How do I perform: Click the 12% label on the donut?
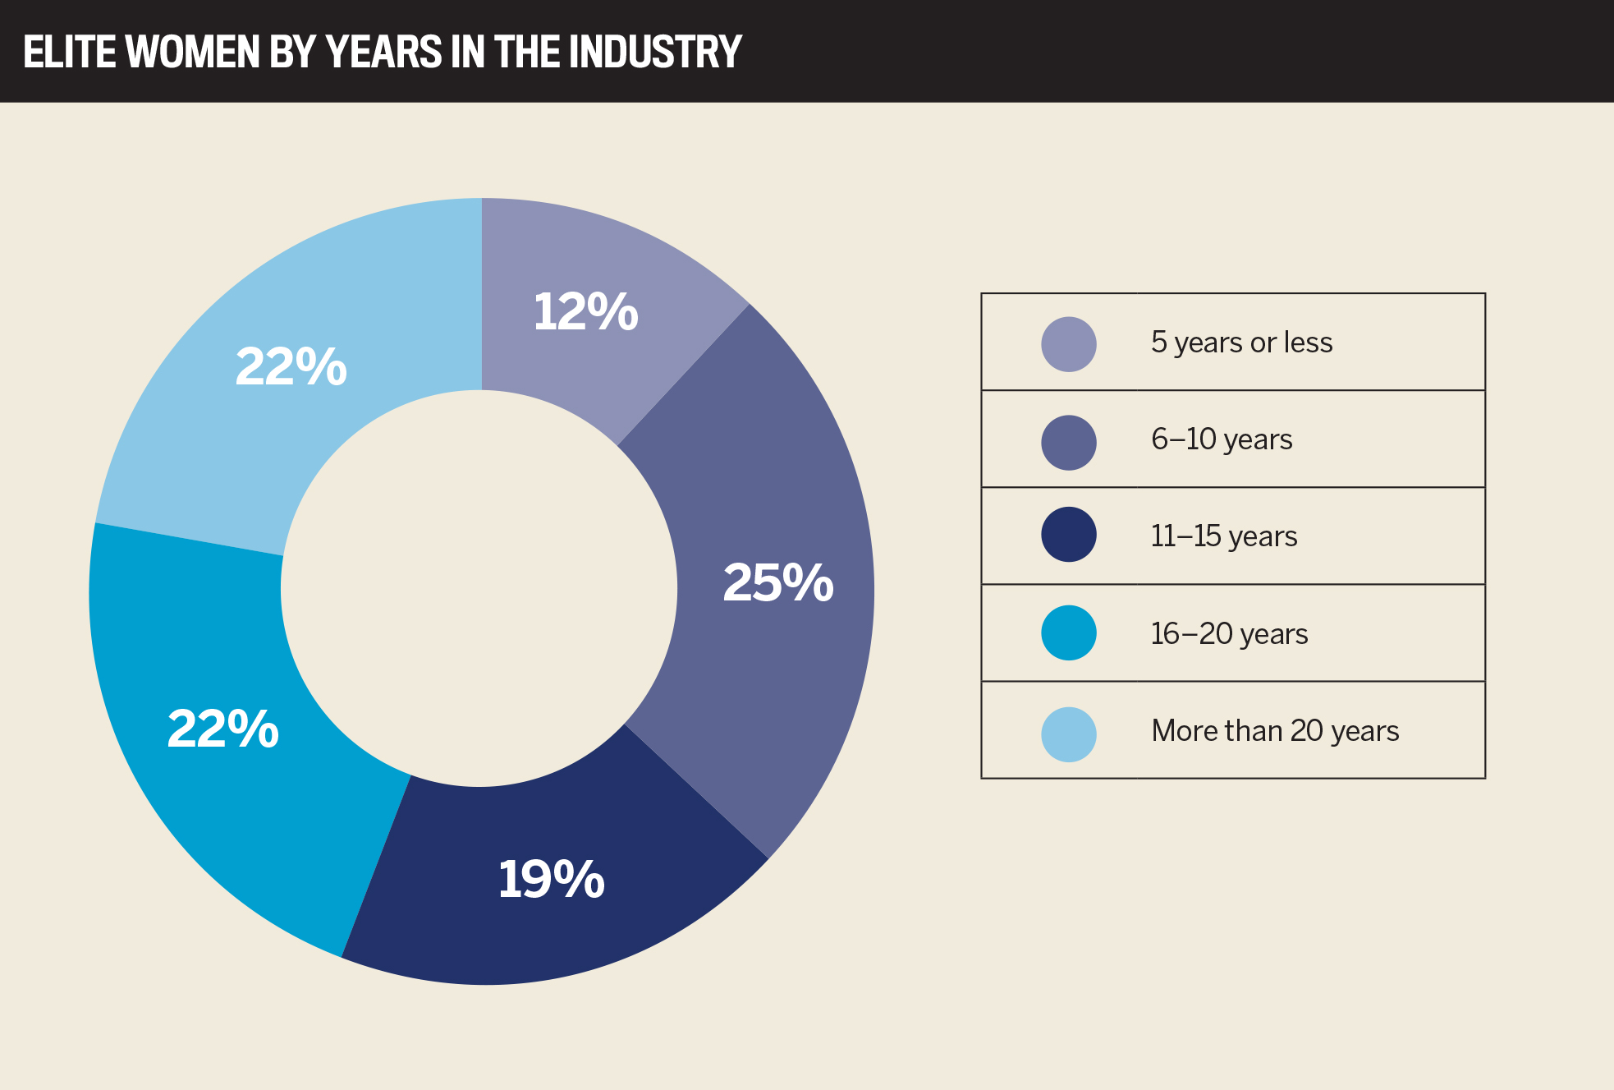tap(585, 313)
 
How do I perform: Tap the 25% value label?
tap(777, 583)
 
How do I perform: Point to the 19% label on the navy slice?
tap(551, 880)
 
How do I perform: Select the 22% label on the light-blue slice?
tap(291, 366)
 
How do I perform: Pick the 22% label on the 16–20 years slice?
tap(222, 729)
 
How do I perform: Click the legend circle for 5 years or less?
tap(1068, 344)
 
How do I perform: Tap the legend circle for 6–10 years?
tap(1068, 442)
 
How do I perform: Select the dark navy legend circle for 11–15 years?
tap(1068, 535)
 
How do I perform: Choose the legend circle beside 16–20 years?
tap(1068, 632)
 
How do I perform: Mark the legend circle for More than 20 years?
tap(1068, 734)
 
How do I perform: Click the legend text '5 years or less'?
tap(1241, 343)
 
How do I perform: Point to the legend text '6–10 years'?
tap(1222, 439)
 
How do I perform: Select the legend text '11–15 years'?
tap(1223, 536)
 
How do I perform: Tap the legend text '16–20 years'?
tap(1229, 633)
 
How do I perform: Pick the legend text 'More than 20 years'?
tap(1275, 730)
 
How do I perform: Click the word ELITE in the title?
tap(69, 52)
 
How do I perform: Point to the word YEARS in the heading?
tap(383, 52)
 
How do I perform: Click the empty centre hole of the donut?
tap(480, 589)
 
